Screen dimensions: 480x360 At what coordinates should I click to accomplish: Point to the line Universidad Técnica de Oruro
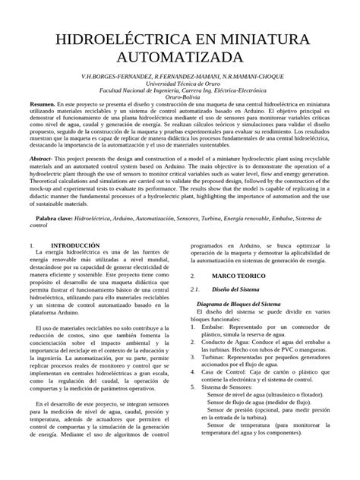pyautogui.click(x=180, y=85)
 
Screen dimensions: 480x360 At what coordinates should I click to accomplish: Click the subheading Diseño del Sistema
pyautogui.click(x=239, y=289)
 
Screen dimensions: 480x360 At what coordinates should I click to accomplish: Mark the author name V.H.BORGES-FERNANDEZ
pyautogui.click(x=111, y=78)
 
